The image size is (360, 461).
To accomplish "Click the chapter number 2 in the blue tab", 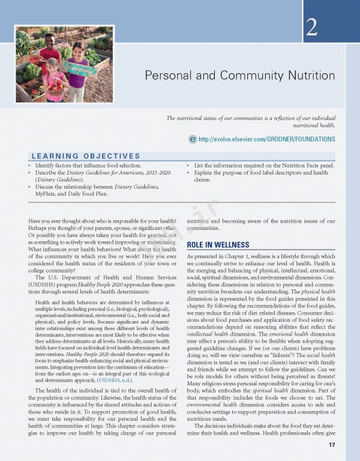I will (x=312, y=27).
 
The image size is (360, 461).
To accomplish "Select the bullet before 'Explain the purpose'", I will (x=188, y=172).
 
